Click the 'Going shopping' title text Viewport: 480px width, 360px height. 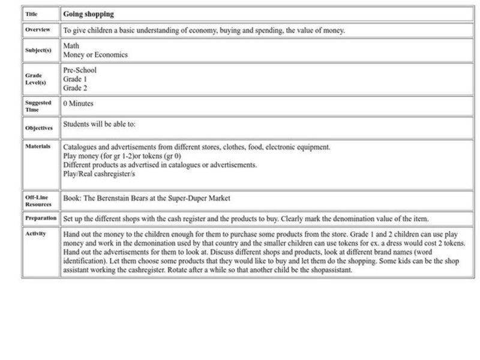click(88, 14)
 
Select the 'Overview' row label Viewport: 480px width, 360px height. click(38, 30)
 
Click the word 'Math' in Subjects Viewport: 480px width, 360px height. click(71, 46)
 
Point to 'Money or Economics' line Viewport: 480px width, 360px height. click(95, 55)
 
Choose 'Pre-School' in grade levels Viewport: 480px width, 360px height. click(80, 70)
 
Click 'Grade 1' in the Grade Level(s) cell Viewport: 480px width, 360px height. click(75, 79)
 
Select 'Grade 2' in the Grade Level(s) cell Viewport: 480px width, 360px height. click(75, 88)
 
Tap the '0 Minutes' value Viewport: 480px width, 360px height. click(79, 104)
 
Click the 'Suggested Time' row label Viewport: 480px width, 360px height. click(38, 106)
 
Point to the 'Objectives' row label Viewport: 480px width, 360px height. click(38, 128)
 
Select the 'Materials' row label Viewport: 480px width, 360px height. click(37, 146)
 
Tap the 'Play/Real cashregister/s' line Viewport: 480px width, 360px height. click(100, 174)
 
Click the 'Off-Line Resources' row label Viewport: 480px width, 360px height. click(38, 201)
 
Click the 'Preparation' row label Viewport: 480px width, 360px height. click(41, 218)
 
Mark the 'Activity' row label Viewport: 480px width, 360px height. click(35, 233)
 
